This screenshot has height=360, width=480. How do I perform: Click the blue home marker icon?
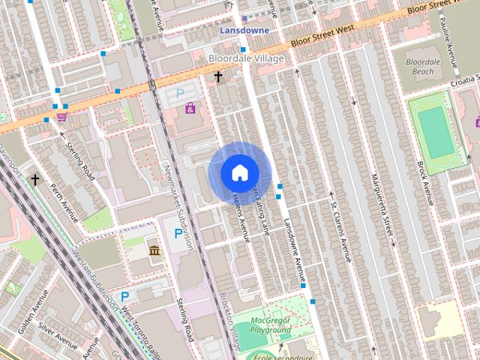239,172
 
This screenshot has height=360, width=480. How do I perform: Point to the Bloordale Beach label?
427,66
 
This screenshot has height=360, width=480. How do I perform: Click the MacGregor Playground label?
271,325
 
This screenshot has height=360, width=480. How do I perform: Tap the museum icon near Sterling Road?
154,250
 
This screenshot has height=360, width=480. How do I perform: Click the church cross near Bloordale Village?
219,76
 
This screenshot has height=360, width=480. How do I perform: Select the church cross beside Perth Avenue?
35,180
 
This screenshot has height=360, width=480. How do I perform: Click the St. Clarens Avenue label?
341,231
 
